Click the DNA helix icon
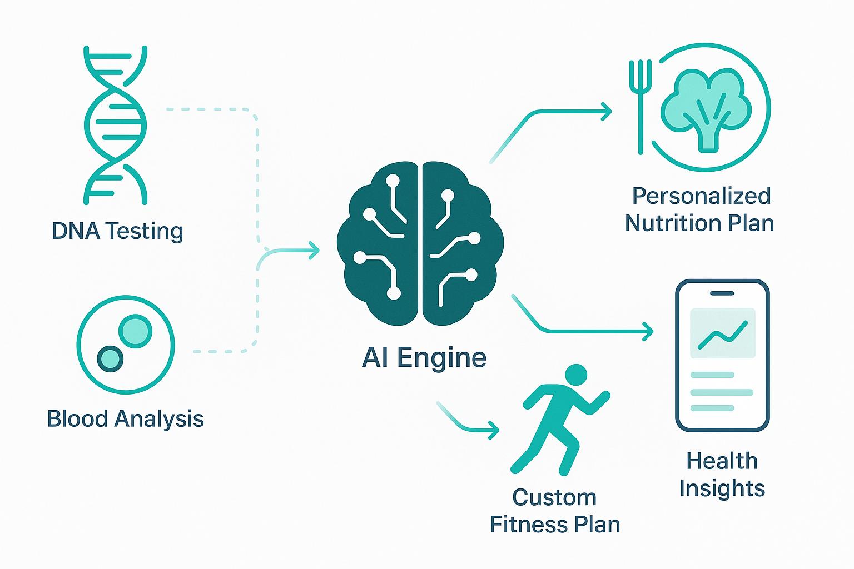[116, 125]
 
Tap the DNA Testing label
[117, 231]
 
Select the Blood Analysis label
[126, 418]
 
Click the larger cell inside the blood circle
[135, 332]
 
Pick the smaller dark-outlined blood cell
[110, 358]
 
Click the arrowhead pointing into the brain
[315, 251]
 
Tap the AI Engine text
[424, 357]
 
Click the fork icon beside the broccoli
[640, 106]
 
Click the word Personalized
[702, 196]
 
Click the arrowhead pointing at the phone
[648, 332]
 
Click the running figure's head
[575, 375]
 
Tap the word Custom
[554, 497]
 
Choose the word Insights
[722, 488]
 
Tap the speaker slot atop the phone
[722, 293]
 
